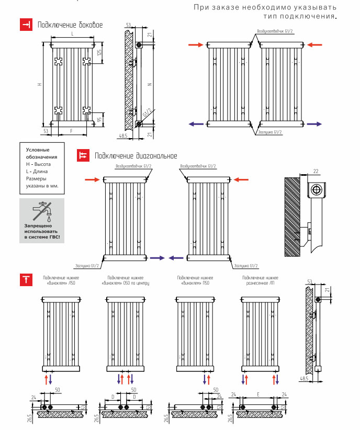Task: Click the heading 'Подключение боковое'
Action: [70, 25]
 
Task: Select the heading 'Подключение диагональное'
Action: [136, 156]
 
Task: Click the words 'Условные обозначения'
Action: [41, 153]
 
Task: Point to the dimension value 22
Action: [316, 172]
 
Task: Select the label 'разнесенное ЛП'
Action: [260, 283]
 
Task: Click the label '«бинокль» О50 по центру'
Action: [125, 283]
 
